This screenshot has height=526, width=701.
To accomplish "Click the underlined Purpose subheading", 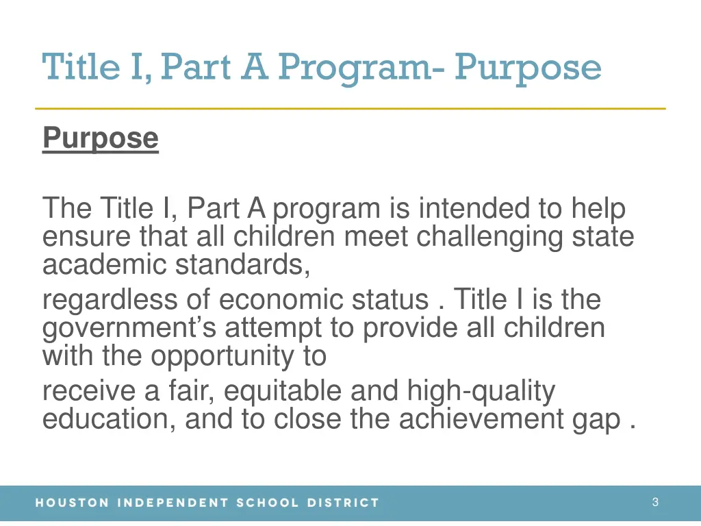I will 100,139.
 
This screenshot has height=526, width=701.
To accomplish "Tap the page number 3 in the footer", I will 655,502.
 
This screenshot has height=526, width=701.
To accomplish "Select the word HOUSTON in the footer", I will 72,503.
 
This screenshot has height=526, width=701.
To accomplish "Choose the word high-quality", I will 481,391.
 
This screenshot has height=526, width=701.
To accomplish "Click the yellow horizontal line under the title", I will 350,109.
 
